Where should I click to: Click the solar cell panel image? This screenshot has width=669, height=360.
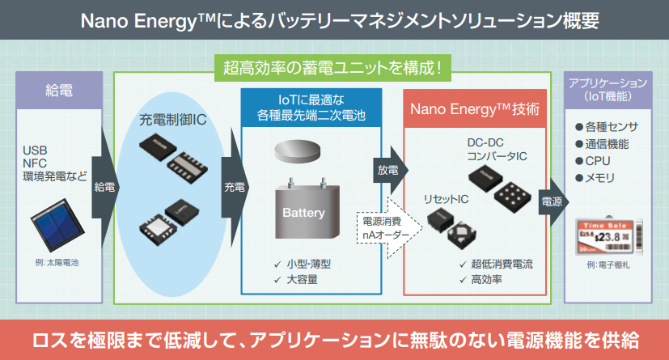tap(53, 229)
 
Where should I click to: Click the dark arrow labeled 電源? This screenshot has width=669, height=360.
tap(552, 201)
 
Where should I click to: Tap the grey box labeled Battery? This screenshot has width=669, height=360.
tap(303, 214)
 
